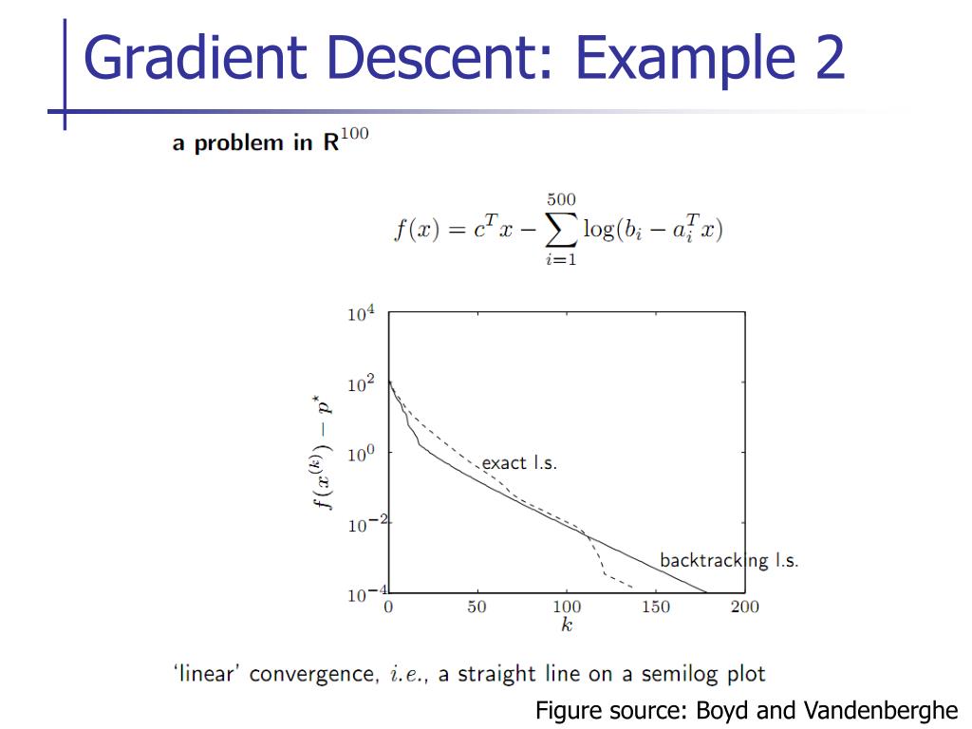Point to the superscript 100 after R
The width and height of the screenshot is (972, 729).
point(354,135)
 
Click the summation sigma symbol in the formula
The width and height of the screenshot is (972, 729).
point(560,231)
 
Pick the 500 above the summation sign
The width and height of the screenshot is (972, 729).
point(560,200)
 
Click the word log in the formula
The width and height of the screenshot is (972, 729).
point(598,231)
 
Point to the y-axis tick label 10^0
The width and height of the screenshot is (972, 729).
point(362,455)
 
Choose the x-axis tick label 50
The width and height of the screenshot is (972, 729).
point(477,607)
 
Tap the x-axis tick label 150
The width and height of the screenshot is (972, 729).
point(656,607)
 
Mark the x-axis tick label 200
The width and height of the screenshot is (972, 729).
point(745,607)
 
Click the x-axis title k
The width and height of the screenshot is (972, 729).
point(567,626)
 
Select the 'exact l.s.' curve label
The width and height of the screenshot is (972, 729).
point(519,463)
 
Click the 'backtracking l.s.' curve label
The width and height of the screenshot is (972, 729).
point(729,560)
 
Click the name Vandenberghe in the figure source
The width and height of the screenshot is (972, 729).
point(881,710)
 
